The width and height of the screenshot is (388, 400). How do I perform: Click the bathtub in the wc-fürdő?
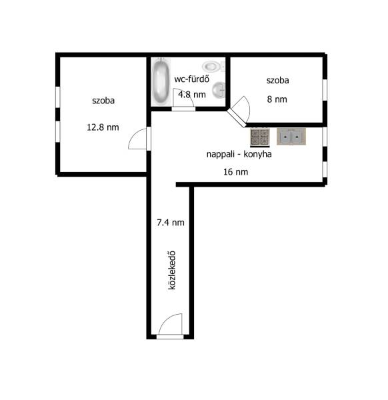tap(161, 81)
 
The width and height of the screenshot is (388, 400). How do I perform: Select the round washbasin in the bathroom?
tap(219, 90)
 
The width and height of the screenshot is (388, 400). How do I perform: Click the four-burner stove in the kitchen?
tap(260, 137)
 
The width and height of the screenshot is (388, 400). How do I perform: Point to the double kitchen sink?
tap(291, 137)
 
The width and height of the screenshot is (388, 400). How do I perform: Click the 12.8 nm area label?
tap(103, 127)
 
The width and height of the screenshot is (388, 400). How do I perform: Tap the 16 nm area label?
tap(236, 172)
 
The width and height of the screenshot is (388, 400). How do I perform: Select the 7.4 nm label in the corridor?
tap(171, 223)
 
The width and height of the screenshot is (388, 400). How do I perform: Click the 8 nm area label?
tap(277, 99)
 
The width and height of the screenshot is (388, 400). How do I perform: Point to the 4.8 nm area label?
tap(192, 95)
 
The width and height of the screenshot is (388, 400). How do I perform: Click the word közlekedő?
tap(172, 270)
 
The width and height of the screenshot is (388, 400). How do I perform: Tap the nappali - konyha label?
tap(239, 154)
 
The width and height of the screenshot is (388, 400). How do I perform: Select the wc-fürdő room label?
tap(192, 79)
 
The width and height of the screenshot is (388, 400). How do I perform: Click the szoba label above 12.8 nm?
tap(103, 101)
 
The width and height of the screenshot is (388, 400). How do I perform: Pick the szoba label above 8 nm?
tap(278, 81)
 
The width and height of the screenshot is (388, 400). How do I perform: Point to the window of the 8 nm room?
tap(325, 90)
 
